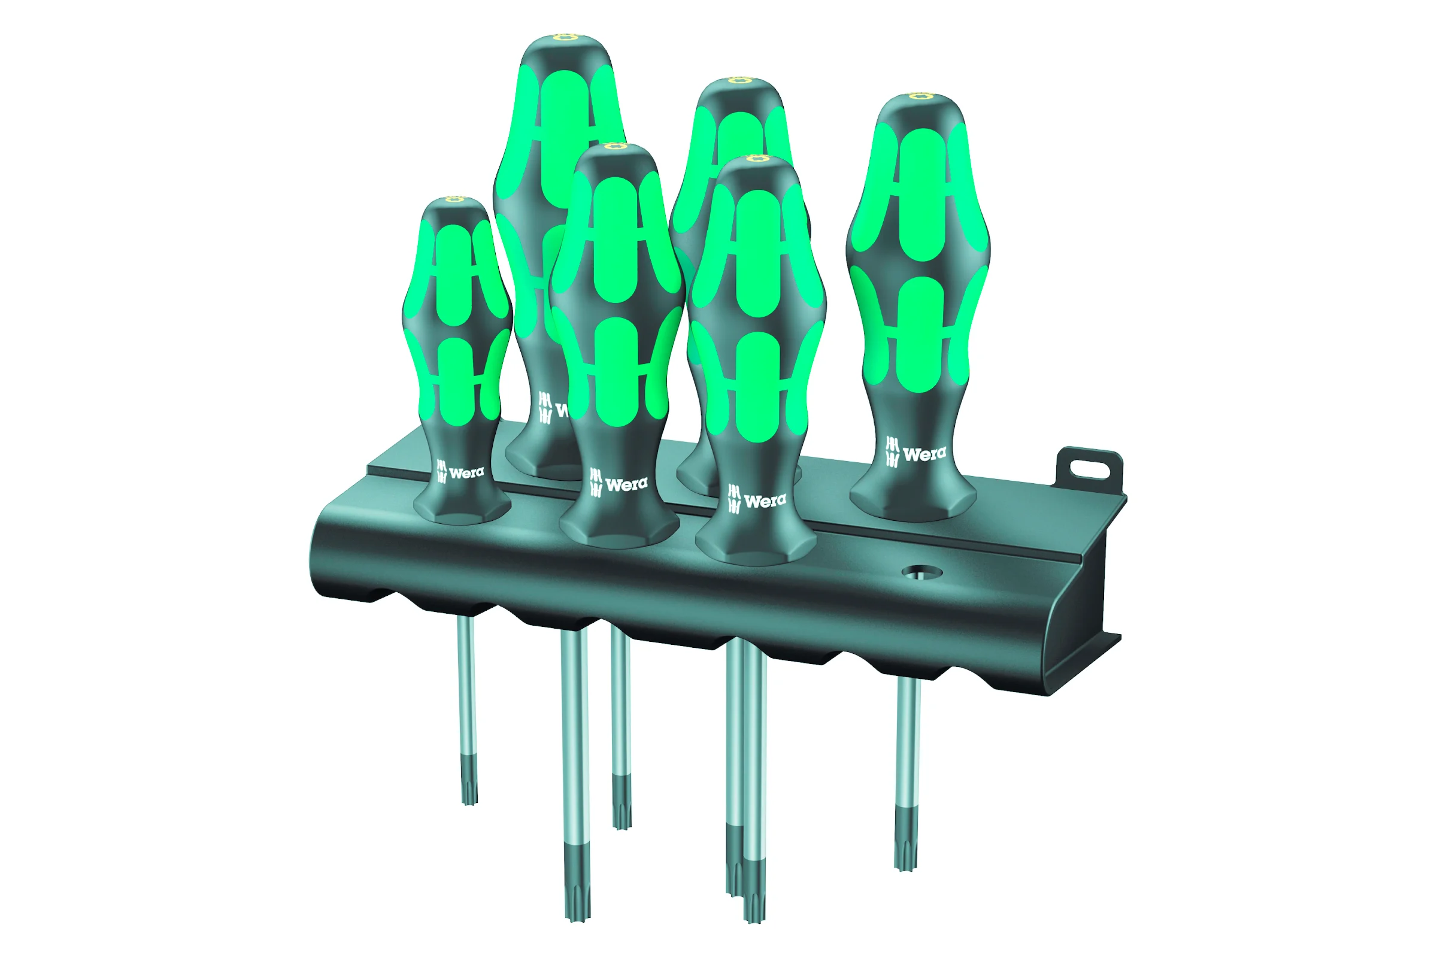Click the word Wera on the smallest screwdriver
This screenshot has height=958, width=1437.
466,472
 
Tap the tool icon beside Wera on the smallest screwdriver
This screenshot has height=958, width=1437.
442,471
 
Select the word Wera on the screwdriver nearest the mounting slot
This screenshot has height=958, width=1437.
924,454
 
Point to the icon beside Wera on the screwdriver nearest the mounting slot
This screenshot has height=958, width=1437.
893,451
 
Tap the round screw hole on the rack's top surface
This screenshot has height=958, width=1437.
922,572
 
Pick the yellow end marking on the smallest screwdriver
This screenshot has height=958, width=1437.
454,199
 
